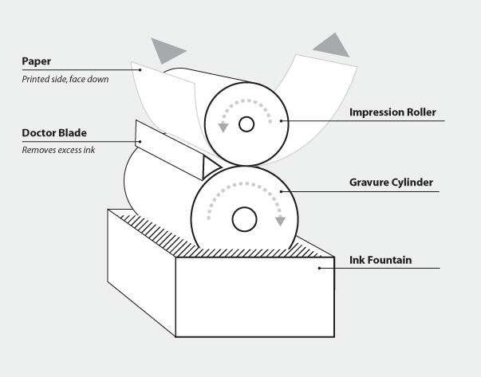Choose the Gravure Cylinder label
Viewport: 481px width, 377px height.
[x=391, y=183]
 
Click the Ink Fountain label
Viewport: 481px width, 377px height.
[x=380, y=259]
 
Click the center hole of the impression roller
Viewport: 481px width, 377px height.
[x=246, y=124]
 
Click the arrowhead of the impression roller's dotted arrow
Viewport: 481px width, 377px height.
[x=223, y=126]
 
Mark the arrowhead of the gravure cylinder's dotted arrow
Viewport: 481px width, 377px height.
[x=280, y=221]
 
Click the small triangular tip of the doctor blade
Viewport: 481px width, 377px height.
[x=210, y=167]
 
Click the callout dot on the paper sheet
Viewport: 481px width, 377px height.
[x=141, y=71]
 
